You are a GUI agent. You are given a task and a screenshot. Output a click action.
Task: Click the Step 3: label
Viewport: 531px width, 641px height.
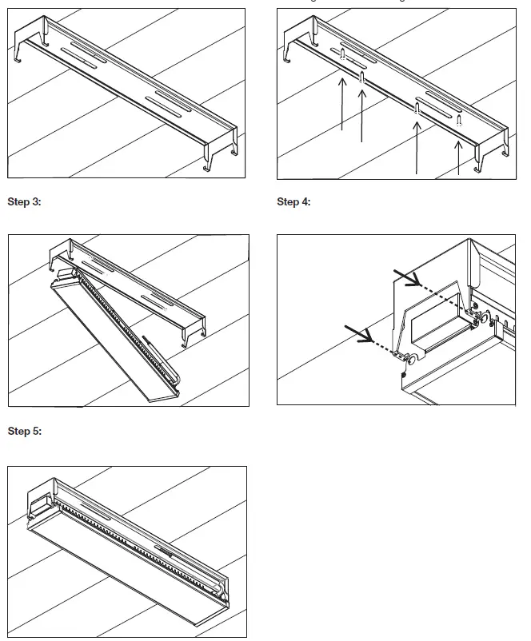24,201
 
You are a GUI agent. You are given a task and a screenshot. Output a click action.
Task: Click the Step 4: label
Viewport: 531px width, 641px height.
293,201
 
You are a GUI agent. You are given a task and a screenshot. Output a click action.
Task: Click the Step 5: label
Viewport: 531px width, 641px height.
24,432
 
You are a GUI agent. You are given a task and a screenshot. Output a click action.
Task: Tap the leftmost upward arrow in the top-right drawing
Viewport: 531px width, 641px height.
341,104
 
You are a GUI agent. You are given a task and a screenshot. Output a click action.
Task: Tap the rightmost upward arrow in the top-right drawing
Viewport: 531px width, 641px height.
457,157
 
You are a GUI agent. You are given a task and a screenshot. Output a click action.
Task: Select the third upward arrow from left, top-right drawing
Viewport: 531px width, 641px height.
417,144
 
